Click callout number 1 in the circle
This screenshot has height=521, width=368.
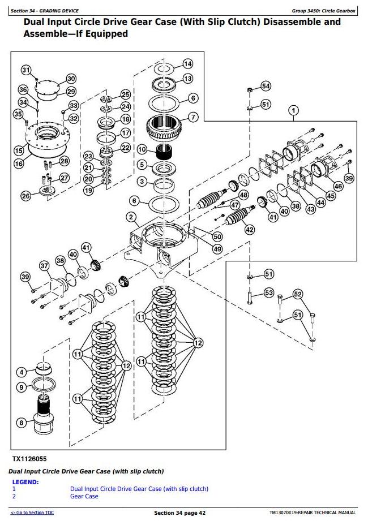click(x=293, y=110)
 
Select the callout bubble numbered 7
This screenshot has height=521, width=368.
click(x=192, y=118)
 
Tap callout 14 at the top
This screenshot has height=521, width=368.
click(x=187, y=64)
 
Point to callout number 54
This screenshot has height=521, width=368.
click(x=266, y=86)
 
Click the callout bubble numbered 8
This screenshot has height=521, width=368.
click(x=22, y=422)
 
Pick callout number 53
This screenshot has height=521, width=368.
click(x=268, y=292)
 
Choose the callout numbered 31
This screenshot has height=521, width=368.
click(x=26, y=70)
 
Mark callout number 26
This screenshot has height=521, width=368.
click(x=26, y=196)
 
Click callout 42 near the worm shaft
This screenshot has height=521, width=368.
click(x=250, y=230)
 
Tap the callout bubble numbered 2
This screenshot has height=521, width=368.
click(x=130, y=217)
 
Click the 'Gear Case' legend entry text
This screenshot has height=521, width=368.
click(x=84, y=496)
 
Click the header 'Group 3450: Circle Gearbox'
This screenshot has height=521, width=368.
click(x=324, y=11)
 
